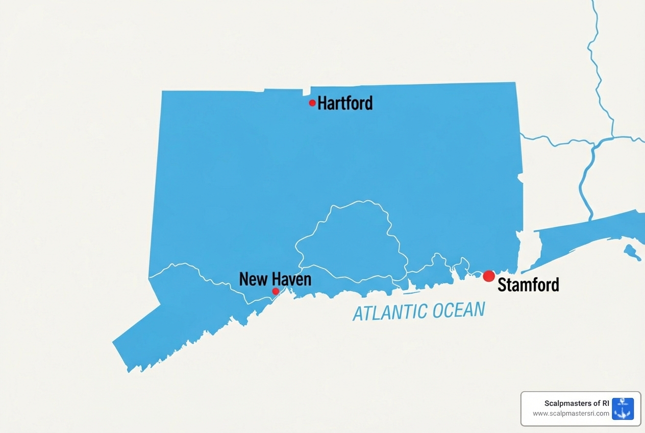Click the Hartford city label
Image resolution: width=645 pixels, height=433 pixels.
click(x=345, y=103)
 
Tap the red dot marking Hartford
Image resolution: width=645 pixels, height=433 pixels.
click(x=312, y=103)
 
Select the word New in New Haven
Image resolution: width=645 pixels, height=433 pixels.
click(x=254, y=279)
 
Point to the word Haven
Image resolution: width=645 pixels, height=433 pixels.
click(x=291, y=279)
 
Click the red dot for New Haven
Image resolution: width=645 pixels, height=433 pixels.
click(x=276, y=291)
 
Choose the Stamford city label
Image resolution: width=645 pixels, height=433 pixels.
click(x=528, y=284)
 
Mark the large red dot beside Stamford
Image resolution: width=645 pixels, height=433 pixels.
click(x=489, y=276)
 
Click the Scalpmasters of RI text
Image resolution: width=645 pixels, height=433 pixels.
click(x=577, y=403)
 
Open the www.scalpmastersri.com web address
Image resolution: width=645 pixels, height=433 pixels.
click(x=571, y=414)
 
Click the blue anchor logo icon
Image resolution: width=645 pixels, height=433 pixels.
click(x=623, y=408)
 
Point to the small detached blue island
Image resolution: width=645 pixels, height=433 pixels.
click(x=632, y=252)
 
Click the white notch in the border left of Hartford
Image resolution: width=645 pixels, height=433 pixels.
click(x=307, y=92)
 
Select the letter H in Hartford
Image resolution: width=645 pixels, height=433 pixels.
click(x=323, y=103)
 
